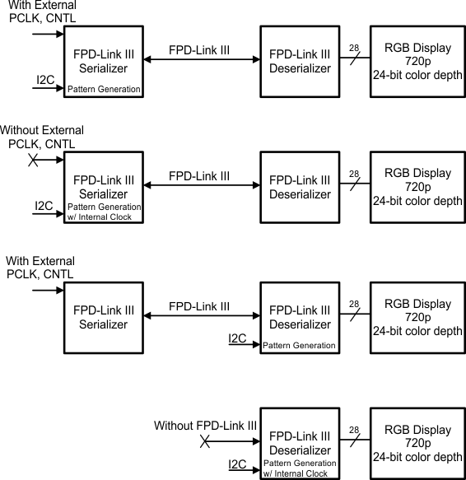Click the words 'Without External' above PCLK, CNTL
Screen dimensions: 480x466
[42, 131]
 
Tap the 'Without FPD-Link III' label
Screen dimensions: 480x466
[206, 426]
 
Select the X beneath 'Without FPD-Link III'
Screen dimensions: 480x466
[205, 443]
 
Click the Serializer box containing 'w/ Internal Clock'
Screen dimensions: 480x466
[103, 188]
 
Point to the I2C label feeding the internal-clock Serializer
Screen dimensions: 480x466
[45, 205]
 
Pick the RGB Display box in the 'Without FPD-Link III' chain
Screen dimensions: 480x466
[417, 443]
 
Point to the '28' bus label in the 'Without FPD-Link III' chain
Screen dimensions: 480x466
[354, 430]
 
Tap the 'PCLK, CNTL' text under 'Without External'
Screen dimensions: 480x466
[41, 144]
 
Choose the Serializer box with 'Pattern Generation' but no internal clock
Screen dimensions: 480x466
[103, 61]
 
